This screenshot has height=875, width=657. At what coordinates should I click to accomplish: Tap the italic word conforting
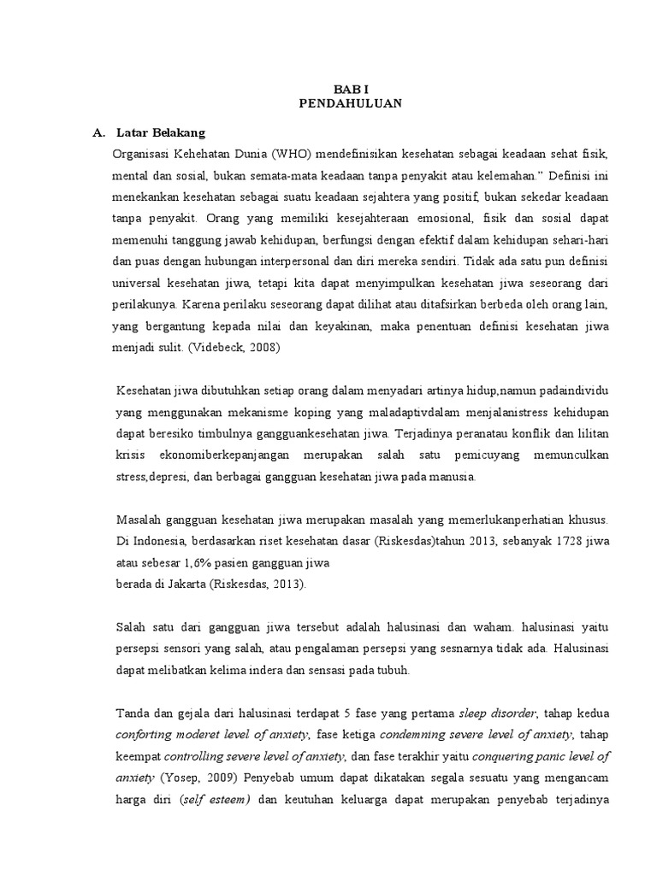click(x=143, y=735)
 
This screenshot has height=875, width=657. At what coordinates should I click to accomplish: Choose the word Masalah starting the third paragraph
click(x=137, y=520)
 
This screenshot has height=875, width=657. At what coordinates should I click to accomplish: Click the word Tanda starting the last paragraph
click(x=132, y=713)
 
